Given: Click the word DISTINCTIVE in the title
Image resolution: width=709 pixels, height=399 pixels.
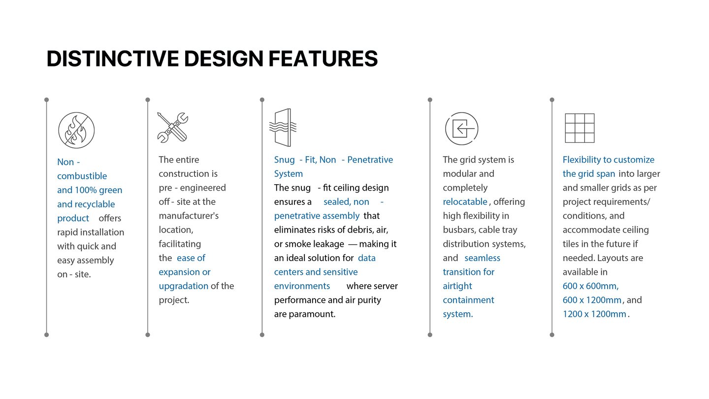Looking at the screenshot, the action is click(x=113, y=59).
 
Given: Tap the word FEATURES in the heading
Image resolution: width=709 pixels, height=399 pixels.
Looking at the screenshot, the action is click(x=323, y=59).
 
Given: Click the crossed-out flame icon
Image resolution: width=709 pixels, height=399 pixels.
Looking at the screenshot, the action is click(x=76, y=130).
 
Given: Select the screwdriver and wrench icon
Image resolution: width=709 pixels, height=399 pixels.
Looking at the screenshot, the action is click(x=173, y=127).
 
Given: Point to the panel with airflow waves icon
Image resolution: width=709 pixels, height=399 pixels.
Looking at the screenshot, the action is click(x=283, y=128).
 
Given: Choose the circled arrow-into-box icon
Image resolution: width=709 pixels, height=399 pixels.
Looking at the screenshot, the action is click(x=462, y=129).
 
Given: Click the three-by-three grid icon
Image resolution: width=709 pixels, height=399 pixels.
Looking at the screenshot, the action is click(x=580, y=128).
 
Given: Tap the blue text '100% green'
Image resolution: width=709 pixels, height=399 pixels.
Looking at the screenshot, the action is click(x=98, y=190).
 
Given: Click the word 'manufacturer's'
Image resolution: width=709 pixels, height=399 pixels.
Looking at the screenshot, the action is click(x=189, y=216).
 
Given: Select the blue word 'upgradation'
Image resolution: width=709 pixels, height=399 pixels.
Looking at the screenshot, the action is click(x=184, y=286).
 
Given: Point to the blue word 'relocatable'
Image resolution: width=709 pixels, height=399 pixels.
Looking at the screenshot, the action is click(x=465, y=202).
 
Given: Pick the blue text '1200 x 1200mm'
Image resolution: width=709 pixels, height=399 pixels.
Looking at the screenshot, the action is click(x=594, y=314).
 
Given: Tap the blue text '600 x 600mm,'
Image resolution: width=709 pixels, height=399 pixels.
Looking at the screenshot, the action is click(x=591, y=286).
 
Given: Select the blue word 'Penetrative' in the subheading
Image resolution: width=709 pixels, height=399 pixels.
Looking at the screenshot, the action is click(x=370, y=160).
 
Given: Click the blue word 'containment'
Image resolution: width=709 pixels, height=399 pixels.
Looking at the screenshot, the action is click(x=468, y=300).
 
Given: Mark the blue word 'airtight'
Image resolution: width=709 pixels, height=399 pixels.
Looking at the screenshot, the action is click(x=457, y=286).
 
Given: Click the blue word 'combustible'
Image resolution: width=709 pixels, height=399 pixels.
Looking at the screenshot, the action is click(x=82, y=176).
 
